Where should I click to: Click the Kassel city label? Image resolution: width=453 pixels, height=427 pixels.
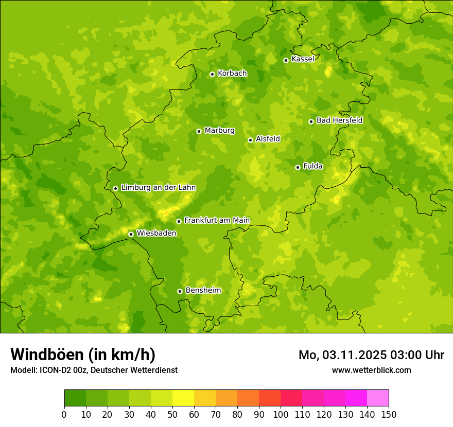(x=303, y=59)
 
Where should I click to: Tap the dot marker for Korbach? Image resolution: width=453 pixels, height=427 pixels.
(x=212, y=74)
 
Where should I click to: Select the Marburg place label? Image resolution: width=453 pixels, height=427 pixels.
(x=219, y=131)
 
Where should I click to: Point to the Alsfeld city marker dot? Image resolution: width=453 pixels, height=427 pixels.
(x=250, y=140)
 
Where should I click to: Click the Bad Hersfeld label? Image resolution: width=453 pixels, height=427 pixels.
(x=339, y=120)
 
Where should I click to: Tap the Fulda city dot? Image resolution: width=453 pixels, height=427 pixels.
(x=298, y=167)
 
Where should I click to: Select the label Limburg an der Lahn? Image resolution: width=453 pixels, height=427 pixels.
(x=158, y=188)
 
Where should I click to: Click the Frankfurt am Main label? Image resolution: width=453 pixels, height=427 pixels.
(x=217, y=220)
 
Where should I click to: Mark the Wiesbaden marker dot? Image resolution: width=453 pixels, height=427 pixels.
(x=131, y=234)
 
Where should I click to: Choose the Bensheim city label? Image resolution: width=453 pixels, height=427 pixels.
(x=203, y=290)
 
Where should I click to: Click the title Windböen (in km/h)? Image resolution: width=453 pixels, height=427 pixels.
(x=83, y=354)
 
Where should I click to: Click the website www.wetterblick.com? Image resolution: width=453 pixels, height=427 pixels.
(x=371, y=370)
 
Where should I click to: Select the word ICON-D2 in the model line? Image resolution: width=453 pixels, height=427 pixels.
(x=55, y=370)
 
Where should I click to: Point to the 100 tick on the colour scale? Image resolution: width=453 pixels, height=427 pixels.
(x=281, y=414)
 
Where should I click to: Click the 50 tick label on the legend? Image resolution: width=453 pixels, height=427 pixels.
(x=172, y=414)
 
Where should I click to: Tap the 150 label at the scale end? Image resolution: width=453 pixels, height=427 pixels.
(x=389, y=414)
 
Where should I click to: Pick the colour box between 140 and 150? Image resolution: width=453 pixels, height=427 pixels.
(x=378, y=398)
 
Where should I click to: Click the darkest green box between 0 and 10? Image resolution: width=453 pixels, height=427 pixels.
(x=75, y=398)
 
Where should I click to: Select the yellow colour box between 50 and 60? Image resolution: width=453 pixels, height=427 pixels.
(x=183, y=398)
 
